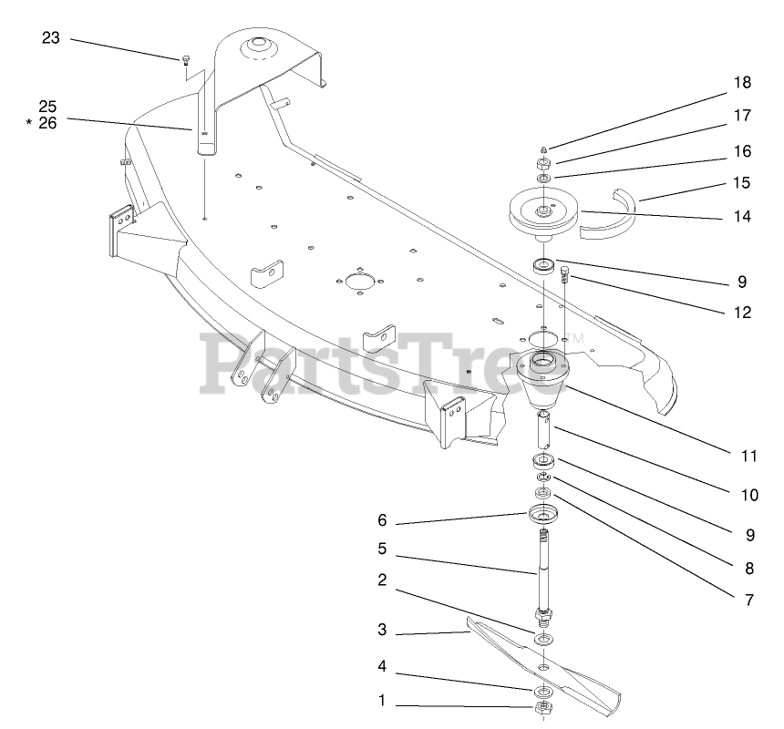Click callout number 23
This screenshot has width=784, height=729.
point(50,37)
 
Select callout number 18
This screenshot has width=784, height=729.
point(742,83)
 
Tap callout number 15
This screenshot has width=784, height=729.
point(742,183)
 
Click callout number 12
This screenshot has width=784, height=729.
point(742,312)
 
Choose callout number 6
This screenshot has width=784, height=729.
point(382,520)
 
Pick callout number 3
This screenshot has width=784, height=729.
point(382,630)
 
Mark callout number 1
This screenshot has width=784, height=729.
point(382,701)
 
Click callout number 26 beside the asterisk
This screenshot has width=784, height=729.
point(47,123)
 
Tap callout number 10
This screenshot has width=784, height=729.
point(749,496)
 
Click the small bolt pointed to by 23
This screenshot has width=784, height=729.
point(186,61)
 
